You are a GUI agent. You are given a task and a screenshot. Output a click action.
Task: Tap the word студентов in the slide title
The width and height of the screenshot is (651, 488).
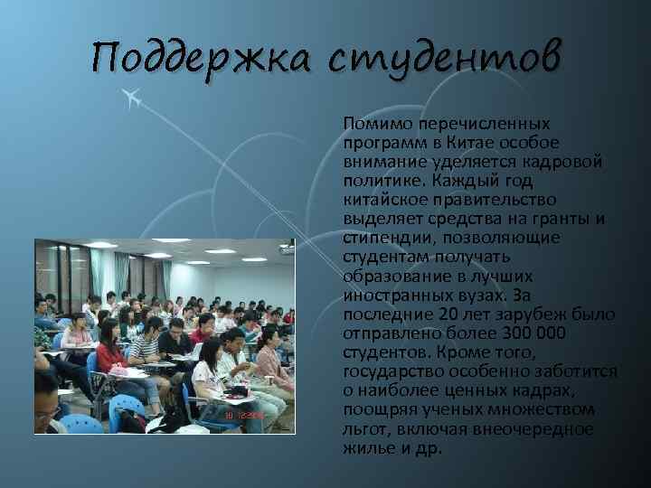click(444, 60)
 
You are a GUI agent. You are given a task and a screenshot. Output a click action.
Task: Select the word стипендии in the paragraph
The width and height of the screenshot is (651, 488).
click(382, 238)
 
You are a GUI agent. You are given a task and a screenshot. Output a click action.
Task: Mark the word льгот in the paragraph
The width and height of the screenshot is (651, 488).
click(365, 429)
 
